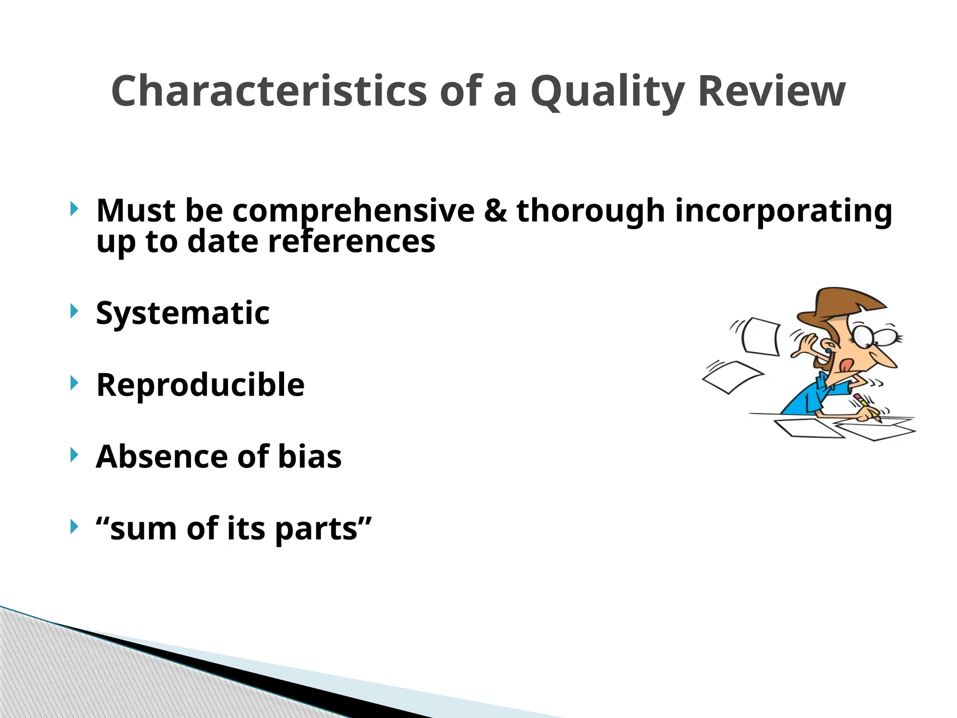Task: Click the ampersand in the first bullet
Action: pyautogui.click(x=495, y=210)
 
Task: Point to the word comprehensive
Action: pyautogui.click(x=353, y=211)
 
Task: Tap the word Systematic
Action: pyautogui.click(x=183, y=313)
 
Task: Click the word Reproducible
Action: pyautogui.click(x=200, y=385)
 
